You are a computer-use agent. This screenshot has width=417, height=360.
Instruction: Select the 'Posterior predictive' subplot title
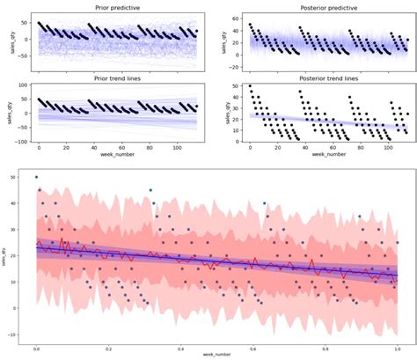(324, 8)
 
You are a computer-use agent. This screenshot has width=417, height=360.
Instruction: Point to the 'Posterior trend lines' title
(324, 77)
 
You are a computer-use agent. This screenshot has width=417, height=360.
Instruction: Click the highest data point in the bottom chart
(36, 177)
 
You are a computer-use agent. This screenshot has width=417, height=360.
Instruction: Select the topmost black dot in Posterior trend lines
(250, 86)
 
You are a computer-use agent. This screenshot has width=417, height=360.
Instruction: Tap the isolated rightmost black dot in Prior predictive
(197, 31)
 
